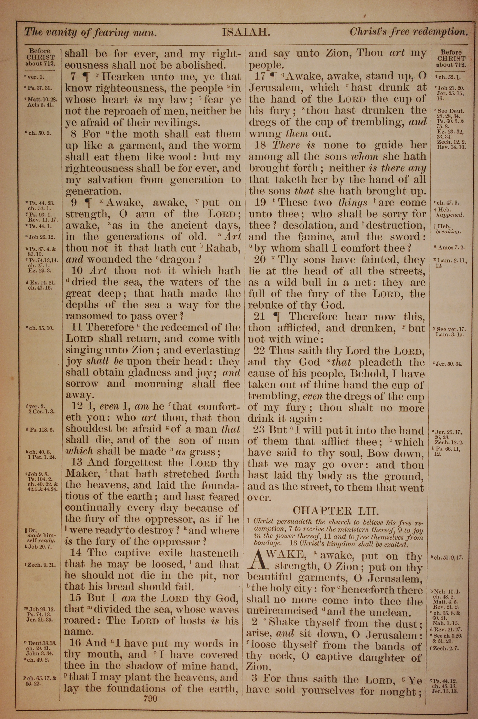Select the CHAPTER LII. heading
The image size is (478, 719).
tap(335, 511)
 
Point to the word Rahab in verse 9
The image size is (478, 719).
tap(223, 248)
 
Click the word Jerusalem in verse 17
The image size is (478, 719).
tap(276, 88)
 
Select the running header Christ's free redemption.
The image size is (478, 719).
tap(408, 32)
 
